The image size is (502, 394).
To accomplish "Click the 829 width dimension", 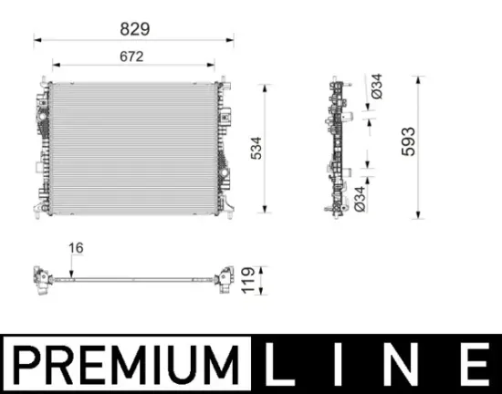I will tap(134, 29).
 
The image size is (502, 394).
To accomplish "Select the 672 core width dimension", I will tap(133, 57).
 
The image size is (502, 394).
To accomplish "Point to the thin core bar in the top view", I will tap(133, 275).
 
